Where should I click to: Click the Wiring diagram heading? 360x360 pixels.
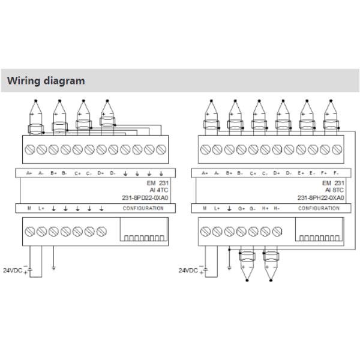(46, 80)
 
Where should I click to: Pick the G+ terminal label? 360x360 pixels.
(241, 208)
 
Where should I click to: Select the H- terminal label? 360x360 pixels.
(277, 208)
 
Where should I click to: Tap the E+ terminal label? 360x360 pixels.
(301, 173)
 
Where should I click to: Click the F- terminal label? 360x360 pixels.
(336, 173)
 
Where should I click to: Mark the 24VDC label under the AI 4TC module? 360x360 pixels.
(13, 270)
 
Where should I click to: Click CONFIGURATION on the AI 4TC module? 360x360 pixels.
(143, 208)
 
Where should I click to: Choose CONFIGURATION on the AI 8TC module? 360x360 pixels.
(319, 208)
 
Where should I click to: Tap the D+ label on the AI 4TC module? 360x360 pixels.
(101, 173)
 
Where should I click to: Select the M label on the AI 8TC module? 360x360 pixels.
(205, 208)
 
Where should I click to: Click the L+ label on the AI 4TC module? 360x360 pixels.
(41, 208)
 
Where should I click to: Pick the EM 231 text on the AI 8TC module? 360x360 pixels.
(332, 182)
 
